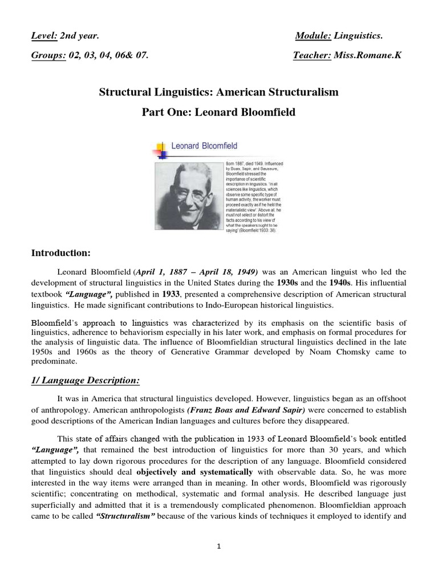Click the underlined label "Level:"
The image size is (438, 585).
(44, 37)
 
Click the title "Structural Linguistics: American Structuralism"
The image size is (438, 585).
(219, 92)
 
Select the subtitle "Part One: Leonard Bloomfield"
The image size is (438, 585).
(219, 112)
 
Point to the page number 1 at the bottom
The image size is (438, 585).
(219, 546)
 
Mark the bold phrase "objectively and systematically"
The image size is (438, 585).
(194, 472)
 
